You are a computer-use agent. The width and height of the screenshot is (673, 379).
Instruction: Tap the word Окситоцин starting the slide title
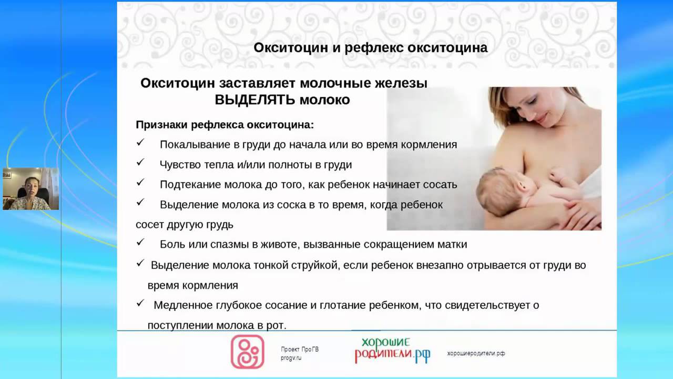click(291, 48)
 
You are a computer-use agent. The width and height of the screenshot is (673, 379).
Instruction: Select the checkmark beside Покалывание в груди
click(140, 142)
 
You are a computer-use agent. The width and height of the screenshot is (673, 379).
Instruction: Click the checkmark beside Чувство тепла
click(140, 163)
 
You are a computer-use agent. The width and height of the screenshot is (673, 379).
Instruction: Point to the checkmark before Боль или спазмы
click(140, 242)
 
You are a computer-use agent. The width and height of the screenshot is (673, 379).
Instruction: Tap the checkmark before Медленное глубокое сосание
click(140, 303)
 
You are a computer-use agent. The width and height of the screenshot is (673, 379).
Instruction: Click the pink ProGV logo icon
click(247, 352)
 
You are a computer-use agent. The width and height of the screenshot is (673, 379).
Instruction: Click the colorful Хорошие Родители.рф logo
click(392, 351)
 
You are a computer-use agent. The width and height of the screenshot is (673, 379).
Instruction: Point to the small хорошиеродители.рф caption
click(476, 353)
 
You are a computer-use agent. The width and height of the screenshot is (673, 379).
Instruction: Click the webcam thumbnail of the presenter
click(30, 188)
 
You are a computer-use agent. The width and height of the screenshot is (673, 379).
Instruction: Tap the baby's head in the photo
click(496, 187)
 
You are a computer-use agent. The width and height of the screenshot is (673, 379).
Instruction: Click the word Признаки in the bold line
click(161, 125)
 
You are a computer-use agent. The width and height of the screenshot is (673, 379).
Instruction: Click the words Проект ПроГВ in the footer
click(300, 349)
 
